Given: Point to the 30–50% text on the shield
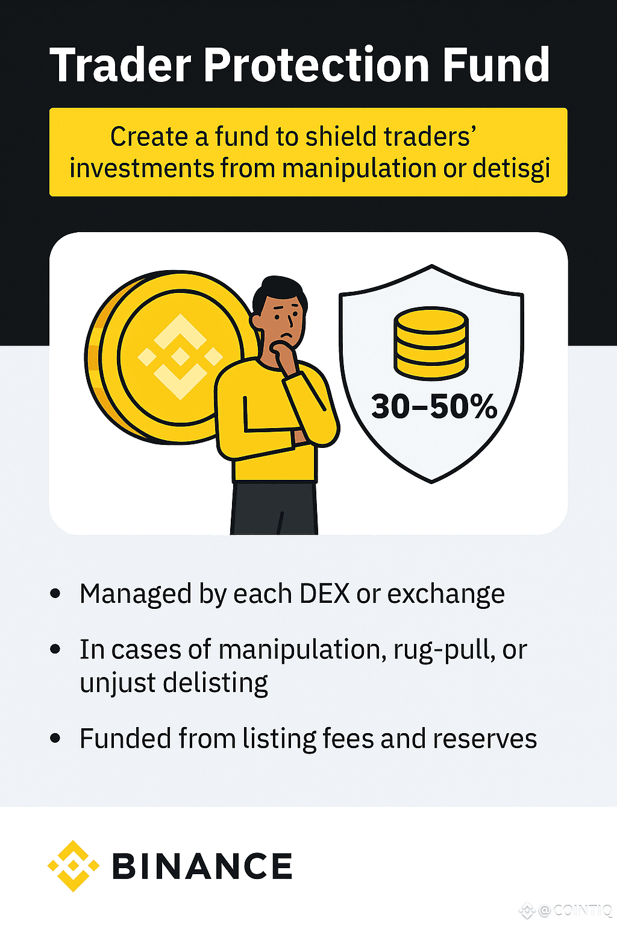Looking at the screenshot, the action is click(434, 406).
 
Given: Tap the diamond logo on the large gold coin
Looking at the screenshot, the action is click(180, 357).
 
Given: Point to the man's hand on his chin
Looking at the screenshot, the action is click(283, 353).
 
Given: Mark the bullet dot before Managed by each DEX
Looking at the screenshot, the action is click(55, 594).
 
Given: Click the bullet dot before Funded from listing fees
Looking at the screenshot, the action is click(55, 739).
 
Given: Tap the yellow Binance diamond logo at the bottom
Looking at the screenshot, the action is click(74, 866).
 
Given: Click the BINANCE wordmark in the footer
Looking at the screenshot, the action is click(202, 867).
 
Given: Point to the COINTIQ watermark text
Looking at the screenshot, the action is click(581, 910).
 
